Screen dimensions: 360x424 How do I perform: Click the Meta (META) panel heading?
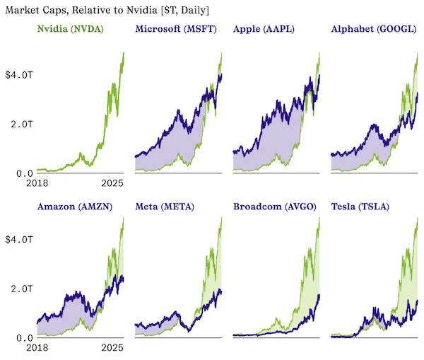(x=164, y=207)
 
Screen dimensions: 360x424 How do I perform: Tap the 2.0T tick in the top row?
(x=20, y=124)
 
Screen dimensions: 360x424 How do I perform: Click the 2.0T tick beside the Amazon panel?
(x=20, y=289)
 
